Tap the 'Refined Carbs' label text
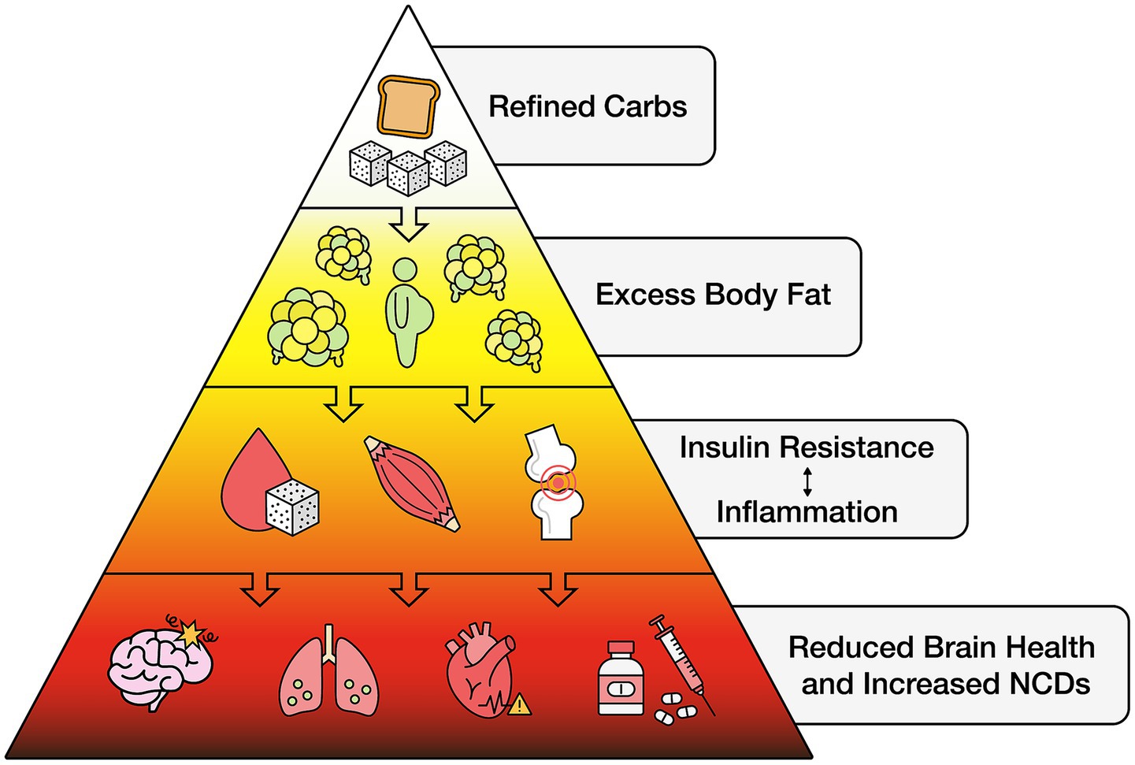[588, 106]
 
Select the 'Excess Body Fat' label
[713, 295]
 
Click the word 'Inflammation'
[807, 512]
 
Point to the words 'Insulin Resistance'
[807, 447]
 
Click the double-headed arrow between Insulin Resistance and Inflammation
[807, 480]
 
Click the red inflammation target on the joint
[558, 481]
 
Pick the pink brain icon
[159, 660]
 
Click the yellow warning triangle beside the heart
[519, 704]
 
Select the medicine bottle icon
[620, 678]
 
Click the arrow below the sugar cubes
[410, 223]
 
